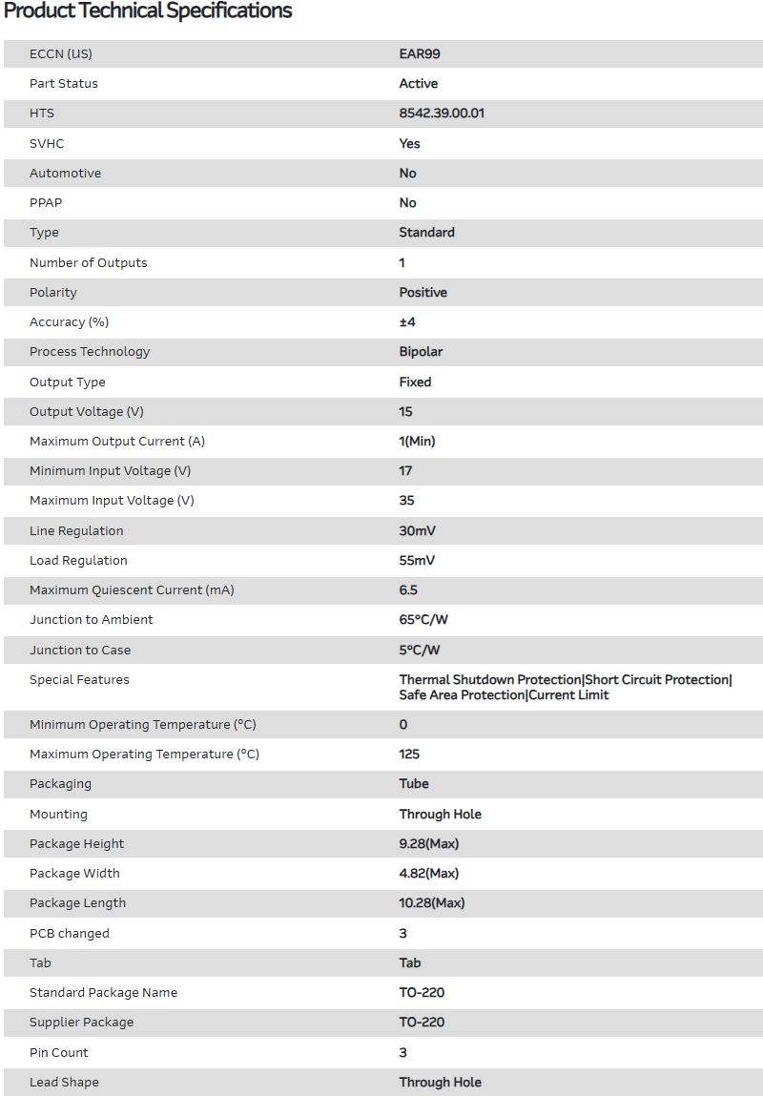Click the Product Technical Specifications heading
pyautogui.click(x=148, y=11)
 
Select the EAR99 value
pyautogui.click(x=420, y=53)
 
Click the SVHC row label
pyautogui.click(x=47, y=143)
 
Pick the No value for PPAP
pyautogui.click(x=407, y=203)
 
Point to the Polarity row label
pyautogui.click(x=53, y=292)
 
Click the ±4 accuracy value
pyautogui.click(x=407, y=322)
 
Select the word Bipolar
pyautogui.click(x=421, y=352)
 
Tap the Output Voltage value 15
pyautogui.click(x=406, y=411)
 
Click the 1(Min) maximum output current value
pyautogui.click(x=417, y=442)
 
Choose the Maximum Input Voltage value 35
pyautogui.click(x=406, y=501)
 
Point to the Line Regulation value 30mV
pyautogui.click(x=418, y=530)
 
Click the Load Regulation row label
pyautogui.click(x=78, y=561)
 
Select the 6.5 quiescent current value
pyautogui.click(x=408, y=590)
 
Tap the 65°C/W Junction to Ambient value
pyautogui.click(x=423, y=620)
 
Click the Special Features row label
pyautogui.click(x=79, y=680)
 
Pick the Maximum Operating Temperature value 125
pyautogui.click(x=409, y=755)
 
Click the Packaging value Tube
pyautogui.click(x=414, y=784)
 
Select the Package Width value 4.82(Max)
pyautogui.click(x=429, y=874)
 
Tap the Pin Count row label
pyautogui.click(x=58, y=1053)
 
